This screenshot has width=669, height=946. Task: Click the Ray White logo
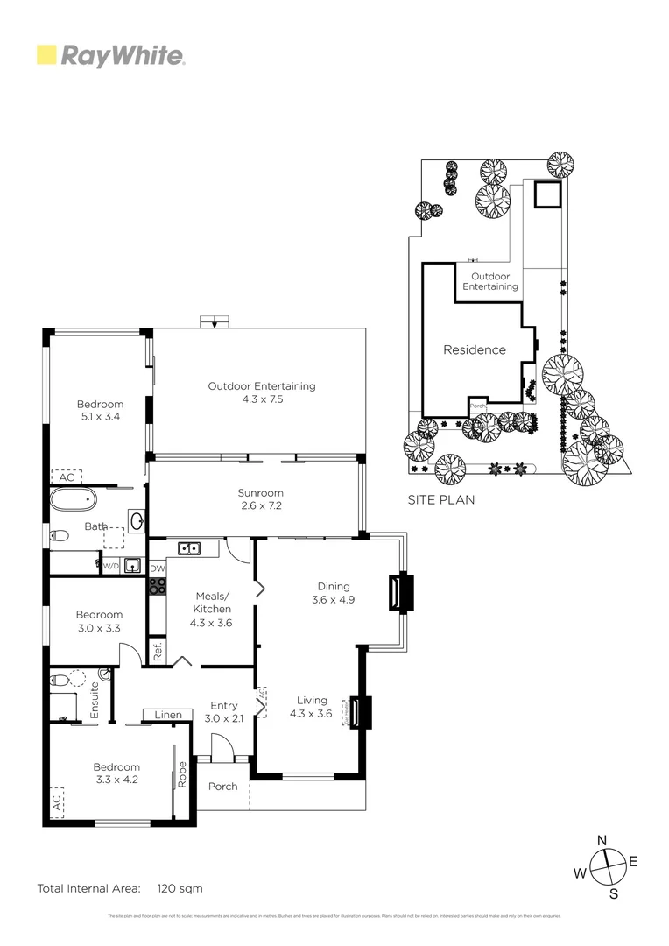[111, 56]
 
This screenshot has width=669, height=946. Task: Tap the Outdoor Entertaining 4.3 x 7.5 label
[261, 392]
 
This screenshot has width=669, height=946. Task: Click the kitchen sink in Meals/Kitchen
[190, 549]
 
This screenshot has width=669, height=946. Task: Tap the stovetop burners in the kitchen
[158, 588]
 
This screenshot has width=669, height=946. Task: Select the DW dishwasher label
[158, 569]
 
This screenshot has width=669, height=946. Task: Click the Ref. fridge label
[158, 651]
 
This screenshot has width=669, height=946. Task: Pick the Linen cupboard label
[168, 715]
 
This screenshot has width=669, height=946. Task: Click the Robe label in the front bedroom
[182, 776]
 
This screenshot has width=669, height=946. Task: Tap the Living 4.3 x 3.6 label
[311, 707]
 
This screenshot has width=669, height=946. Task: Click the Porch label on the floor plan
[222, 786]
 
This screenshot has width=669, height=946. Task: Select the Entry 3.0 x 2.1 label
[224, 711]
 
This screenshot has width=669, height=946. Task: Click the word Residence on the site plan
[474, 349]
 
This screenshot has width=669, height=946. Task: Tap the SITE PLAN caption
[441, 500]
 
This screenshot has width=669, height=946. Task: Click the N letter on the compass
[602, 841]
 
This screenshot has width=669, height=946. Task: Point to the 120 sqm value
[180, 888]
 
